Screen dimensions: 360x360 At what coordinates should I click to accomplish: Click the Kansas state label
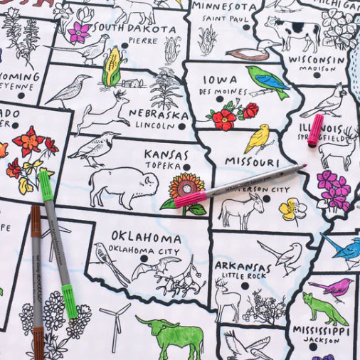coord(166,154)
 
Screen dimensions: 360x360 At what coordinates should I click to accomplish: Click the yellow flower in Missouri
coord(291,208)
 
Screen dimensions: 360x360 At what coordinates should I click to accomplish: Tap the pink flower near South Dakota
coord(79,31)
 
